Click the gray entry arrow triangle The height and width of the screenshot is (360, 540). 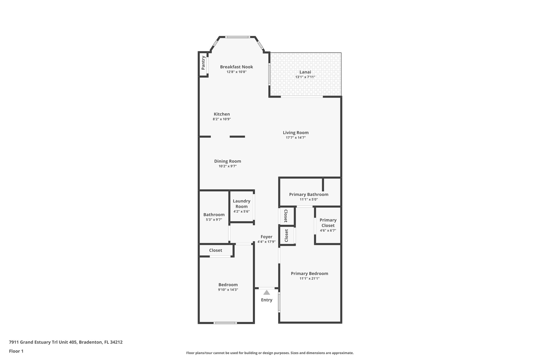pos(267,292)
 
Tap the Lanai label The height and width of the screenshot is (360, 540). pos(305,72)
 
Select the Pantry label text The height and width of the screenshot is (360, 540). pos(203,63)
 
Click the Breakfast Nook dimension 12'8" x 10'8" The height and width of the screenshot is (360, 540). pos(237,72)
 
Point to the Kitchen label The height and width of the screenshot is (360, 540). pos(222,114)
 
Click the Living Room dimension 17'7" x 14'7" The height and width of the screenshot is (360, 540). pos(296,138)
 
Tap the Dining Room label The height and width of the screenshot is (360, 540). pos(228,161)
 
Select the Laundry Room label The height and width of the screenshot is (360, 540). pos(242,204)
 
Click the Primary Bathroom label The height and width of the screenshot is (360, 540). pos(308,194)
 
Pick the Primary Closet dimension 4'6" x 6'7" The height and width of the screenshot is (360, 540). pos(328,231)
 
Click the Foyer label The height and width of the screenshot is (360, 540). pos(266,237)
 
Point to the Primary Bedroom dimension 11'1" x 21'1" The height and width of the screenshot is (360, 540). pos(309,279)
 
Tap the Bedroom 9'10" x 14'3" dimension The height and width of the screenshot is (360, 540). pos(228,290)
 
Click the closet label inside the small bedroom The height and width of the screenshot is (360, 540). pos(215,250)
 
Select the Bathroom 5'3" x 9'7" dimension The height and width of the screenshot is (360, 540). pos(214,220)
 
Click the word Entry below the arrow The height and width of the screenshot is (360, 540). pos(267,300)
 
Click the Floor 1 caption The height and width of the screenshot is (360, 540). pos(16,351)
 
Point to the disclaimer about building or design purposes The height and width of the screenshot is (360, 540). pos(270,353)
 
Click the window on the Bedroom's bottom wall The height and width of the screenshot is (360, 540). pos(225,323)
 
